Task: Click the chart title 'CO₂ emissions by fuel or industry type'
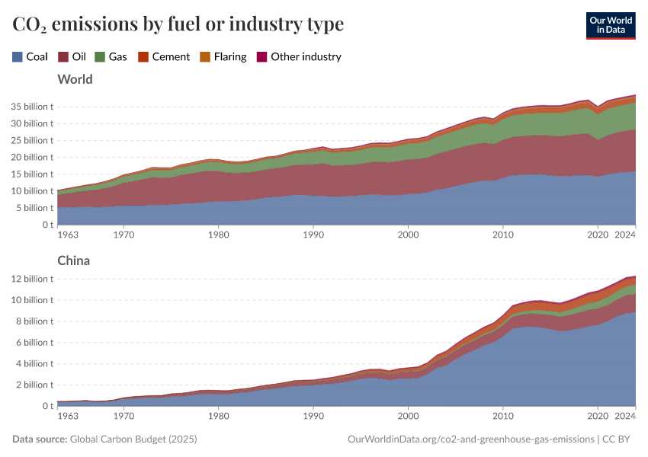coord(178,24)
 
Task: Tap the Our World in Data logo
coord(610,24)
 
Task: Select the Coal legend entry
coord(30,56)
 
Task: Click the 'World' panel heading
coord(75,79)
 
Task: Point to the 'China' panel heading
coord(73,260)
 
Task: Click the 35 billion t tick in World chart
coord(33,107)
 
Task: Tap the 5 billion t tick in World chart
coord(35,208)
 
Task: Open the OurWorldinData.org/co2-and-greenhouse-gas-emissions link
coord(470,439)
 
